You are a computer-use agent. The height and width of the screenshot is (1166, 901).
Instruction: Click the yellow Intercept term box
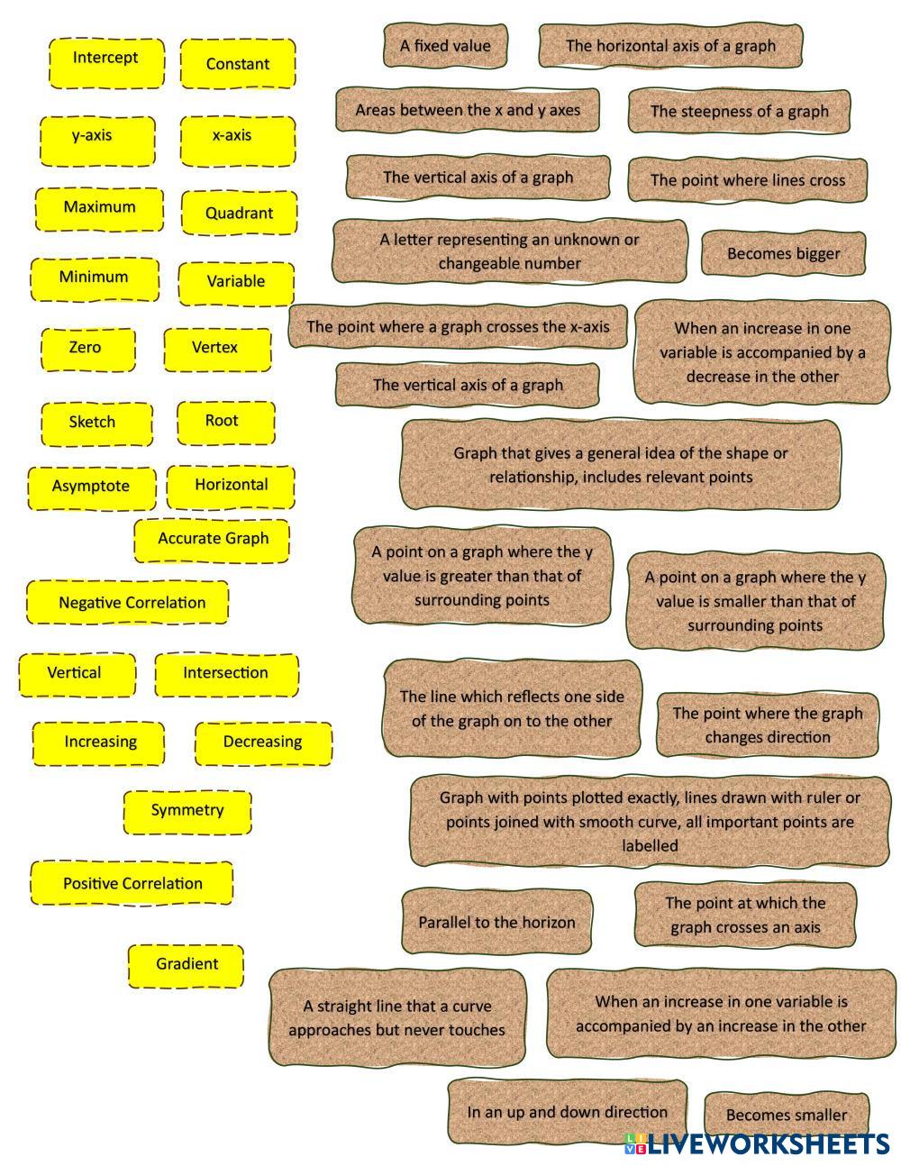[x=106, y=62]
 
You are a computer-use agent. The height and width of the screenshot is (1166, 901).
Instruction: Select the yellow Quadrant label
[x=238, y=214]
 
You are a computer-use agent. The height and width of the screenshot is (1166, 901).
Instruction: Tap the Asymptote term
[x=91, y=487]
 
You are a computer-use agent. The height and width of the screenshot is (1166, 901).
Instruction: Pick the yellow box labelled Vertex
[x=216, y=349]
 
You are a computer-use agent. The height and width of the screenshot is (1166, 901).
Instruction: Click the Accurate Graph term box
[x=213, y=540]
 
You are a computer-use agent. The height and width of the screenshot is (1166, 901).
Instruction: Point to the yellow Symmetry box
[x=187, y=811]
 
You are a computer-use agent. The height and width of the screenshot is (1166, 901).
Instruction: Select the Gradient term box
[x=187, y=965]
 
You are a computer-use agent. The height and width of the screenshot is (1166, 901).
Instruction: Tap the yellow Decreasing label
[x=262, y=742]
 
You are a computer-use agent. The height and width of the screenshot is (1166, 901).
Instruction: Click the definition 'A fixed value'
[x=445, y=46]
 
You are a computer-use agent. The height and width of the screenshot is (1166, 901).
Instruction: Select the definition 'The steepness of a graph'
[x=739, y=111]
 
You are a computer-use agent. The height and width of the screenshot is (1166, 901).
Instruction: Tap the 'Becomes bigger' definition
[x=783, y=254]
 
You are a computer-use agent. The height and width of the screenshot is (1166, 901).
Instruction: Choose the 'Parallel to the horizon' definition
[x=496, y=922]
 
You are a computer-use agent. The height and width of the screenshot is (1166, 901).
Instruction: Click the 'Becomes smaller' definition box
[x=786, y=1116]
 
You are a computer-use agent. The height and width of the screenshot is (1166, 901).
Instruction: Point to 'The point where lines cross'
[x=747, y=180]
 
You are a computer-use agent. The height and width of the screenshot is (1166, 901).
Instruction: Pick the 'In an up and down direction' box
[x=567, y=1113]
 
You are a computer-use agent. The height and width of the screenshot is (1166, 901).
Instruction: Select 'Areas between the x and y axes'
[x=468, y=110]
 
